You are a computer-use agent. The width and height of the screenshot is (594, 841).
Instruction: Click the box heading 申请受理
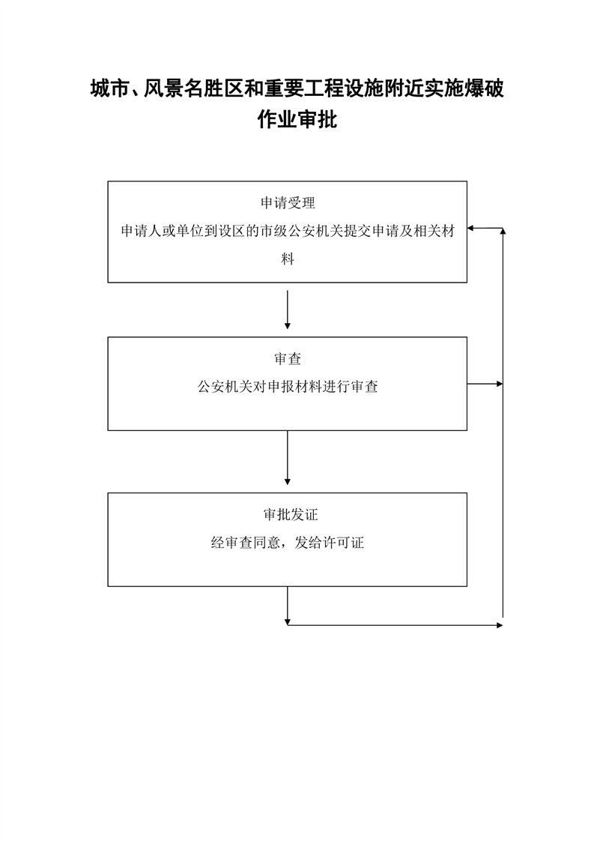coord(288,202)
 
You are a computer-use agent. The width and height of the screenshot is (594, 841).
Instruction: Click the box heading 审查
coord(288,359)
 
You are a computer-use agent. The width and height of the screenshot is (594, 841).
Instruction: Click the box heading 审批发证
coord(291,514)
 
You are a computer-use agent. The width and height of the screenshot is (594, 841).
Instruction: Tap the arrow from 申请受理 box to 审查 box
coord(288,310)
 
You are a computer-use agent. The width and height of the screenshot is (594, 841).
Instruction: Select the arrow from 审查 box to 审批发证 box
coord(288,457)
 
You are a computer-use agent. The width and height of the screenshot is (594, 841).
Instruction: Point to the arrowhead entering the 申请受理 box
coord(470,229)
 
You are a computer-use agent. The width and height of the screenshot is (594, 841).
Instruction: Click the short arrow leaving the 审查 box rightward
coord(485,384)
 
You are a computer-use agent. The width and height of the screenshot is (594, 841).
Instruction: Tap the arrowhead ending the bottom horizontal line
coord(500,625)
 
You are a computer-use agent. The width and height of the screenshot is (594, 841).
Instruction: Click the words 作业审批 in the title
coord(297,119)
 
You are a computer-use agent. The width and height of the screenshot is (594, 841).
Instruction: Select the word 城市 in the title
coord(110,88)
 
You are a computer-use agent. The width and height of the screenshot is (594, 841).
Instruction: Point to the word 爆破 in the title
coord(484,88)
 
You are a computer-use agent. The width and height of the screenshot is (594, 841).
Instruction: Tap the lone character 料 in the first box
coord(288,259)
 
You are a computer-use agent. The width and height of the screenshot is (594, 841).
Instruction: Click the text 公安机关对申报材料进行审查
coord(288,387)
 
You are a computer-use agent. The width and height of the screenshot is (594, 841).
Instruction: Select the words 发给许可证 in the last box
coord(329,543)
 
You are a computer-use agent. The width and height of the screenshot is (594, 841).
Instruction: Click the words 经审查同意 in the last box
coord(246,543)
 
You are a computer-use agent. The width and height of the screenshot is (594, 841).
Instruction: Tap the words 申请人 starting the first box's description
coord(141,231)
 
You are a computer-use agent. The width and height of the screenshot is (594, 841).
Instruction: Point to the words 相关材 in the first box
coord(434,231)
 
